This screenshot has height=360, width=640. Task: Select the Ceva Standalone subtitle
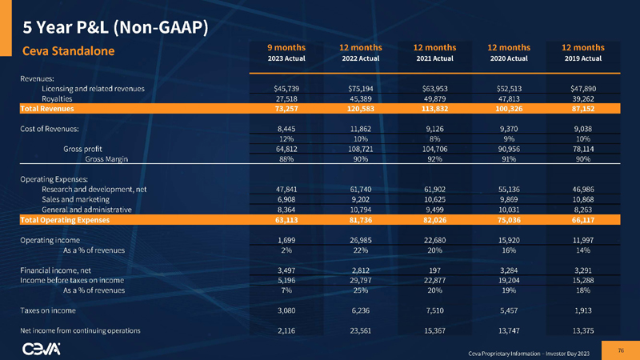pyautogui.click(x=68, y=52)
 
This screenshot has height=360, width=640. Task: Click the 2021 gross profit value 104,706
pyautogui.click(x=434, y=148)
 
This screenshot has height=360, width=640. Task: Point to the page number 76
pyautogui.click(x=621, y=348)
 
